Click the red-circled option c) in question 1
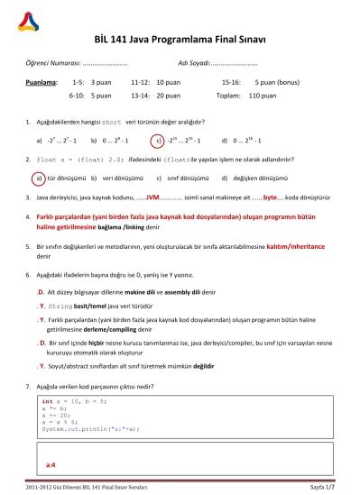pos(158,140)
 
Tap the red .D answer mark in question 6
pos(40,293)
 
